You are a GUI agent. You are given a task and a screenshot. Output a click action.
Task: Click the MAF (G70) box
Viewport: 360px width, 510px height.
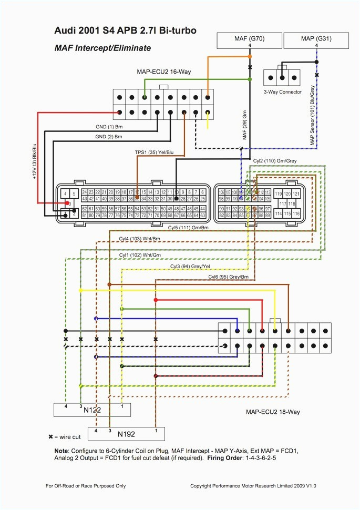pyautogui.click(x=250, y=40)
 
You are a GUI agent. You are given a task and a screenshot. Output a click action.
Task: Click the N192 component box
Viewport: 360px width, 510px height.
pyautogui.click(x=126, y=434)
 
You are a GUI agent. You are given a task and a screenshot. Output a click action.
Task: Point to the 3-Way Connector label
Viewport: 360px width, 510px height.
pyautogui.click(x=283, y=92)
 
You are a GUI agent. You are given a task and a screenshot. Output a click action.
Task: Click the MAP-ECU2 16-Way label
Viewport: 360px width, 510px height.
pyautogui.click(x=164, y=72)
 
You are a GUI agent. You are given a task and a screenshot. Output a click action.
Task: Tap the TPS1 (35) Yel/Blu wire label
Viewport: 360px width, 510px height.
pyautogui.click(x=153, y=152)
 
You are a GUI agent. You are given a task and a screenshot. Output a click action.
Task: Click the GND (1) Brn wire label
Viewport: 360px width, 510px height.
pyautogui.click(x=109, y=127)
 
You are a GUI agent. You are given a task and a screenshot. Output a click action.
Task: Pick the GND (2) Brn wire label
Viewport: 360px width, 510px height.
pyautogui.click(x=109, y=136)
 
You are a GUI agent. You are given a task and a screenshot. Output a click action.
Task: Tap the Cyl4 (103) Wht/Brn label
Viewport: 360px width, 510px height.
pyautogui.click(x=139, y=239)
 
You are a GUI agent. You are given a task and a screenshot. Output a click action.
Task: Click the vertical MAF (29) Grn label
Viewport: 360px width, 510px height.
pyautogui.click(x=244, y=126)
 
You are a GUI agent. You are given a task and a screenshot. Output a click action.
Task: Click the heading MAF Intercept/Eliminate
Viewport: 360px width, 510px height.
pyautogui.click(x=102, y=48)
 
